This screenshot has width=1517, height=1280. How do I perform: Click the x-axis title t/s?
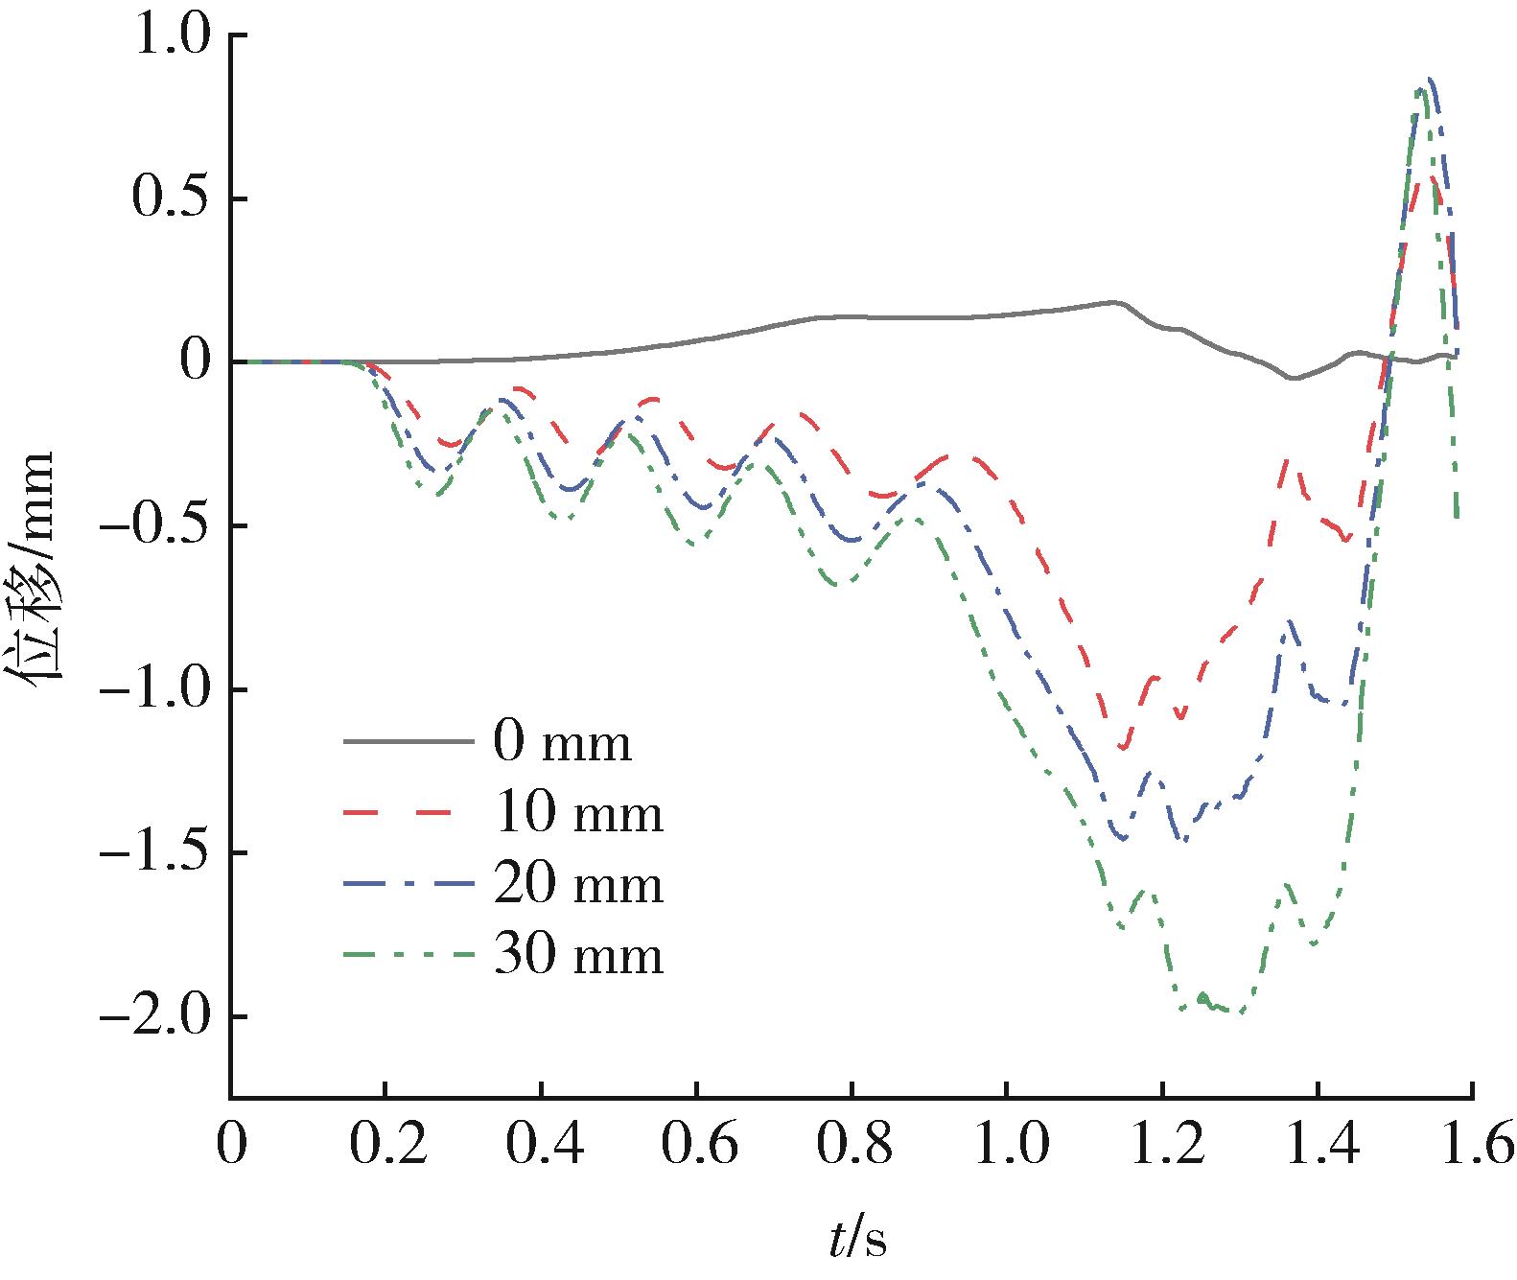(x=858, y=1242)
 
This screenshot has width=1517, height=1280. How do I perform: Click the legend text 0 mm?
(x=563, y=743)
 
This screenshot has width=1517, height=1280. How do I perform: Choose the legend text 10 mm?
(x=578, y=814)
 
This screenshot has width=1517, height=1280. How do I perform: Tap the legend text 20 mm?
(x=578, y=885)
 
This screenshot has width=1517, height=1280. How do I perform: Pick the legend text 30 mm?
(x=578, y=956)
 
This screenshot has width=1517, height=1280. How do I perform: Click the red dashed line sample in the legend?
(x=408, y=814)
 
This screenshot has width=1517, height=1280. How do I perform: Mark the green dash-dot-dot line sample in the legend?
(x=408, y=955)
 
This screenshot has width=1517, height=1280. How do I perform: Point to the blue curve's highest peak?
(x=1430, y=81)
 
